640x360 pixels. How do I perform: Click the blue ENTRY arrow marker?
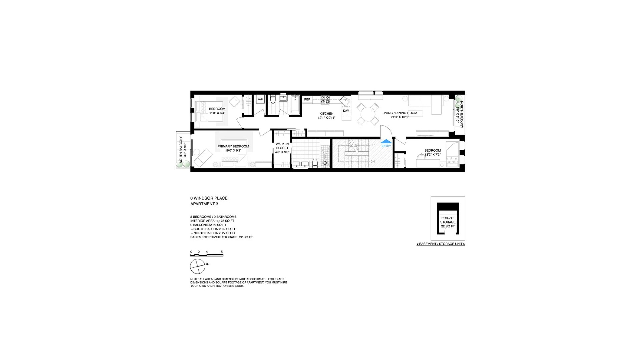click(x=386, y=141)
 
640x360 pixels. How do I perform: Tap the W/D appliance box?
click(x=260, y=99)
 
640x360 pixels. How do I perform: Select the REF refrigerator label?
click(x=307, y=99)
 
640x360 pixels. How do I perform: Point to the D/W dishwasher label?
click(x=346, y=111)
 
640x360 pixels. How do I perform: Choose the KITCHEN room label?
click(x=326, y=114)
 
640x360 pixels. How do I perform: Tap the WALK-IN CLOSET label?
click(x=282, y=146)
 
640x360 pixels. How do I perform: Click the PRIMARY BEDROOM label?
click(x=233, y=146)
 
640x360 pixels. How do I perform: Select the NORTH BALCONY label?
click(x=462, y=115)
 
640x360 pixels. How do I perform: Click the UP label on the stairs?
click(x=372, y=145)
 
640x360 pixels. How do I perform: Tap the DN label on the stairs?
click(x=372, y=162)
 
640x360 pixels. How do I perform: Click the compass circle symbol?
click(x=198, y=266)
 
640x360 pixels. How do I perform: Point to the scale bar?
click(x=207, y=255)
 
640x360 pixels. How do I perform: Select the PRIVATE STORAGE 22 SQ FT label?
click(x=448, y=222)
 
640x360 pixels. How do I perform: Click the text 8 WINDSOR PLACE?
click(x=209, y=198)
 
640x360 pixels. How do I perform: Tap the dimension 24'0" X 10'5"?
click(x=400, y=117)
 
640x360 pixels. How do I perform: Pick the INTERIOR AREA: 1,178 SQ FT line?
click(x=212, y=221)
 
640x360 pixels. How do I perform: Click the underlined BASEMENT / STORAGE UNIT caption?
click(x=441, y=244)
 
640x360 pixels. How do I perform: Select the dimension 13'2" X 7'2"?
click(x=433, y=155)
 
